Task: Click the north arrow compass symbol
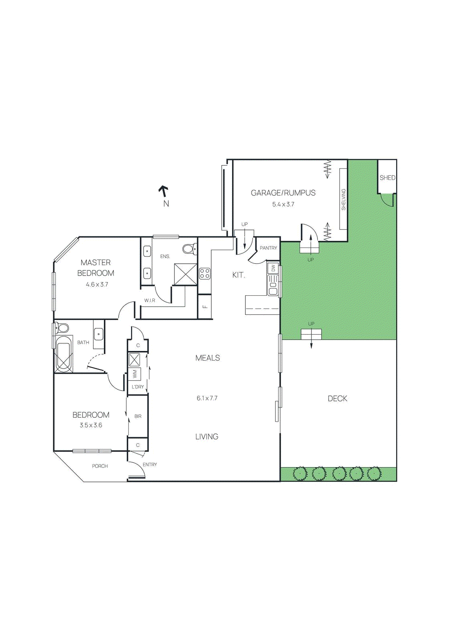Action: (164, 191)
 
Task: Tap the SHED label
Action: (387, 177)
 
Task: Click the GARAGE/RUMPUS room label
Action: (283, 193)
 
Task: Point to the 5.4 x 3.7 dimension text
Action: (283, 204)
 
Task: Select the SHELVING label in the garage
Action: (344, 200)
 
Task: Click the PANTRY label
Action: (268, 248)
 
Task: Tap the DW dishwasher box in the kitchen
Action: (273, 268)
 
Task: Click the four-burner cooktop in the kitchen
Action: (205, 274)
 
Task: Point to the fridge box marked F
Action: (205, 306)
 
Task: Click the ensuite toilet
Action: (188, 249)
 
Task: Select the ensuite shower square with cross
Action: (185, 274)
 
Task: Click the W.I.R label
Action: (150, 300)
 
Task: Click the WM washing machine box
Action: (135, 374)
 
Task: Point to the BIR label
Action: (138, 416)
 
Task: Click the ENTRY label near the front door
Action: (150, 465)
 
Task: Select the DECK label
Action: (337, 398)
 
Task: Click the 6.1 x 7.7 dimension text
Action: (207, 398)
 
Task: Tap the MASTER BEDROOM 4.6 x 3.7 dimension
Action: (97, 284)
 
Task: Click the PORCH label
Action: (100, 466)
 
